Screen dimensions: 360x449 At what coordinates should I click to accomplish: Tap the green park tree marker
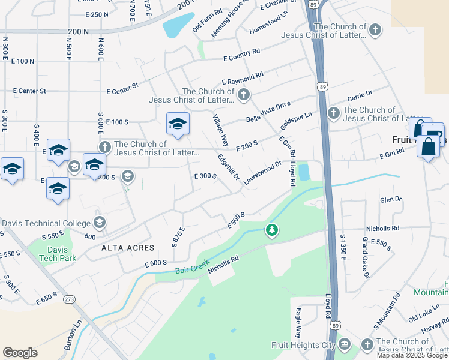point(272,230)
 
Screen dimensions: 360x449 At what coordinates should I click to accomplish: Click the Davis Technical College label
point(45,223)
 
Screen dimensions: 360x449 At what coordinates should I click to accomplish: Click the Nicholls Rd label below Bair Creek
point(223,265)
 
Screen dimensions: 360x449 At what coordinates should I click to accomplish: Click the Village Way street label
point(220,130)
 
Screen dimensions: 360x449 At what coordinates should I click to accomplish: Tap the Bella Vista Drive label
point(268,112)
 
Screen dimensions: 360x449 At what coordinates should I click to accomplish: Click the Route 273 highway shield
point(70,298)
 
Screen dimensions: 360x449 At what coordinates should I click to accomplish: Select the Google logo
point(20,353)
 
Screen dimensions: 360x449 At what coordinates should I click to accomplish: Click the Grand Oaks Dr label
point(364,258)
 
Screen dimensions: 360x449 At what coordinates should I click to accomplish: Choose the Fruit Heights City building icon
point(344,344)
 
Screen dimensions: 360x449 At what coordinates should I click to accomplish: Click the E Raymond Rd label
point(243,78)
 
